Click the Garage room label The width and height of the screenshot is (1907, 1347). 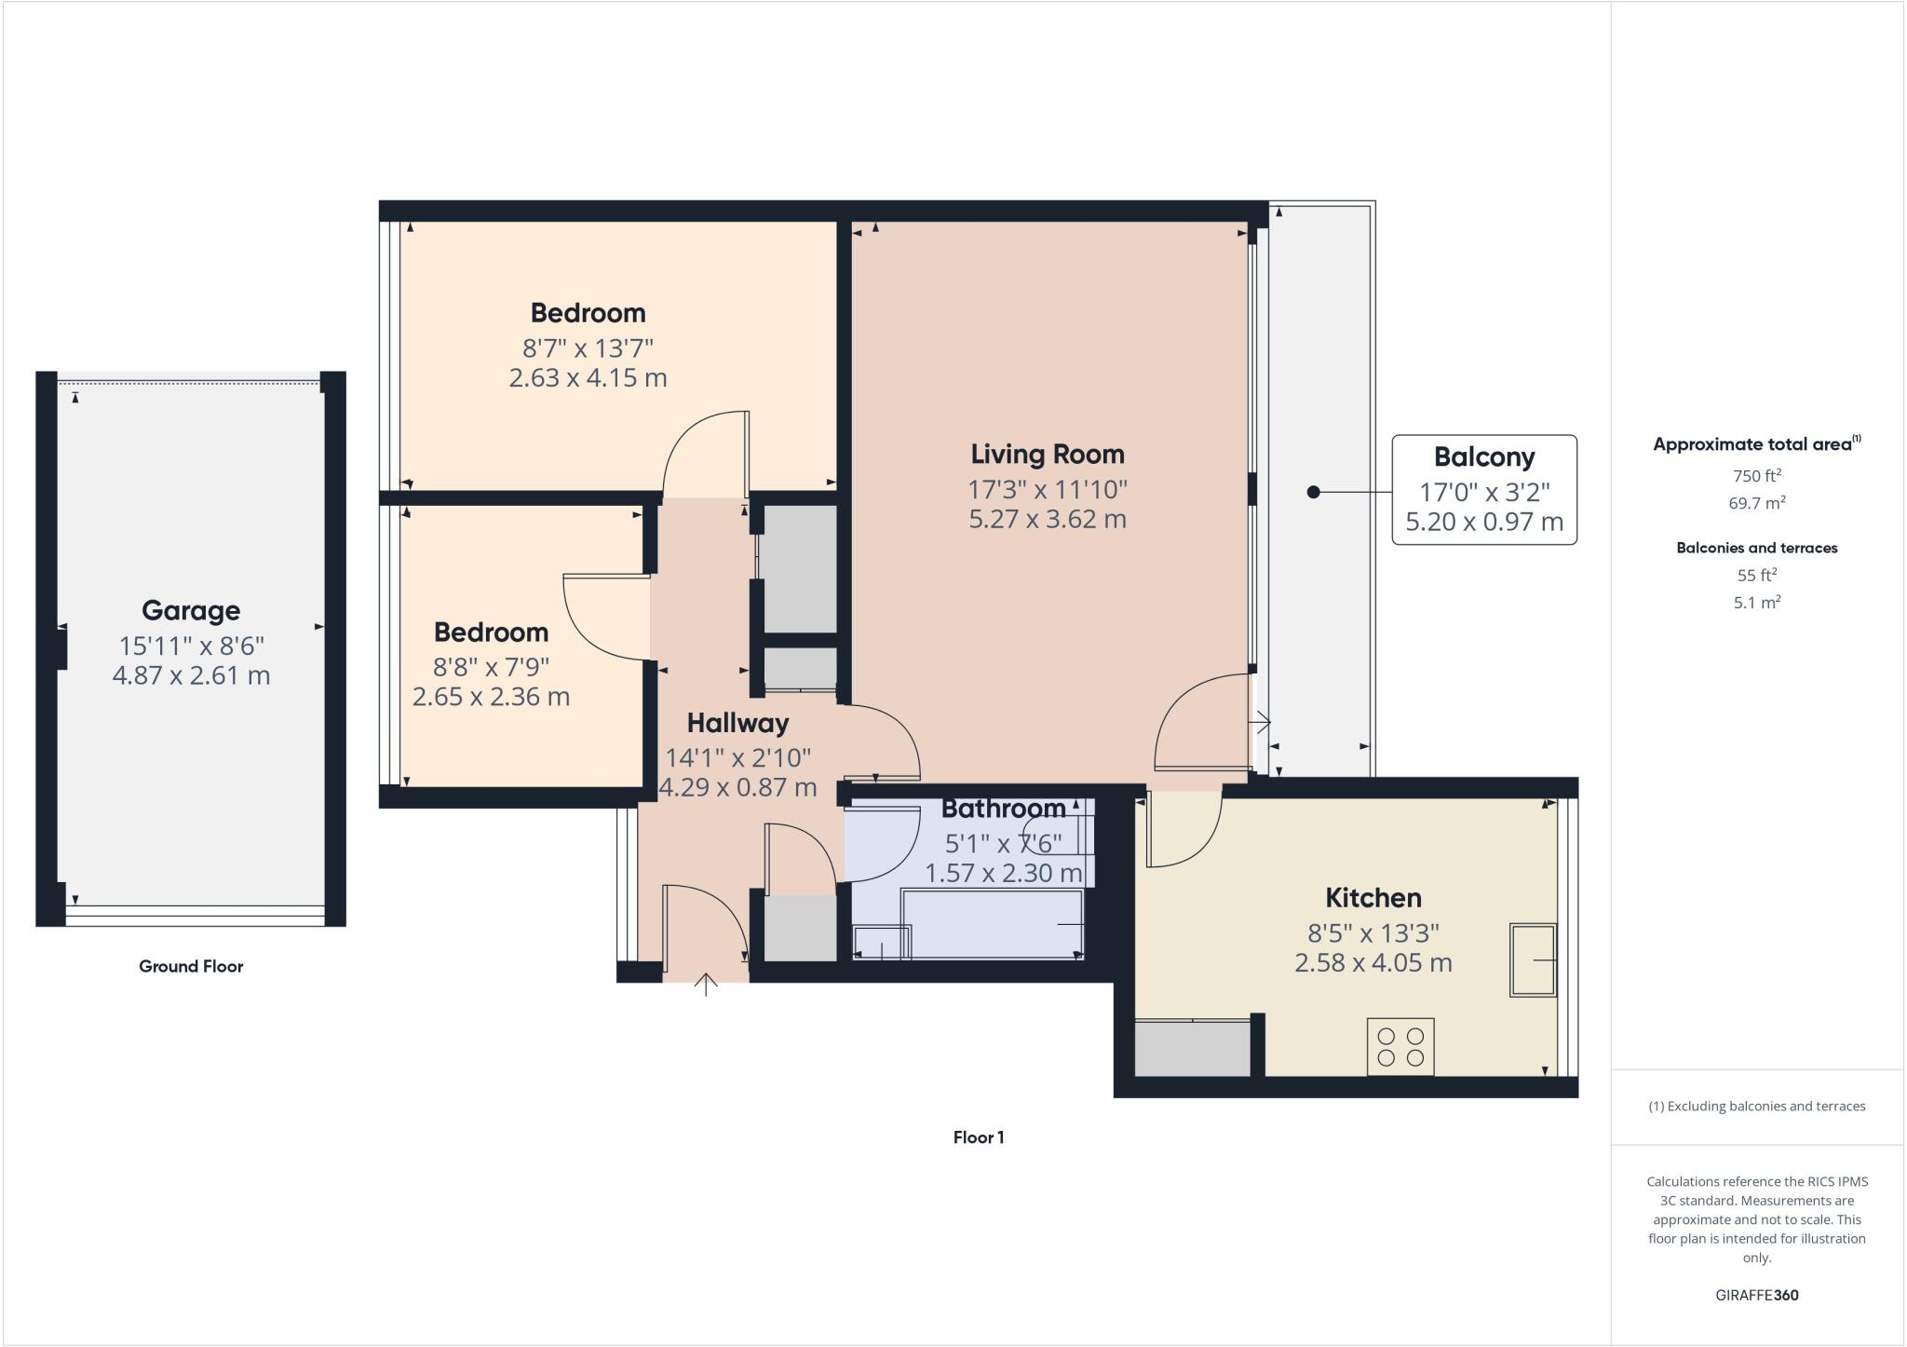(191, 611)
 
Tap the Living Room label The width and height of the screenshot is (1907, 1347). (1048, 455)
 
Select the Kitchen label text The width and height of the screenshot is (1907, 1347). (1373, 898)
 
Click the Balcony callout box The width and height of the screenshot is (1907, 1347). (1484, 489)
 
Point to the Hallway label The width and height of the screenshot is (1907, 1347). (737, 724)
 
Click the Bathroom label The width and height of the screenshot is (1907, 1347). (1003, 809)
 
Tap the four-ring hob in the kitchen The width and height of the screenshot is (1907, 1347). (1400, 1046)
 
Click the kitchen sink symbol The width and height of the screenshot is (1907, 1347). (1533, 959)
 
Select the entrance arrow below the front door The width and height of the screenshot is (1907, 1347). (706, 984)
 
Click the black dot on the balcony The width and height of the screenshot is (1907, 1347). (1313, 492)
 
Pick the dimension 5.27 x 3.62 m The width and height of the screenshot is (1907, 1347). (1048, 520)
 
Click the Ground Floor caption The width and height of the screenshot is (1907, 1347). (191, 967)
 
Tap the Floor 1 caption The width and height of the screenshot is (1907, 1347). (978, 1137)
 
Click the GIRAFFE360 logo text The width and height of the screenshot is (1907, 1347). (1756, 1295)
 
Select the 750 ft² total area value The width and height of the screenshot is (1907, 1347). (1756, 476)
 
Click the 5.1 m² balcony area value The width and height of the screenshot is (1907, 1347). (1756, 603)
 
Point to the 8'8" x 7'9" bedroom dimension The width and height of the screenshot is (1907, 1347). (491, 667)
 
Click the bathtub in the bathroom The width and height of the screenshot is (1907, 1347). (992, 922)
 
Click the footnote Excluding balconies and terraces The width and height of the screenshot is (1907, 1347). (1756, 1107)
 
